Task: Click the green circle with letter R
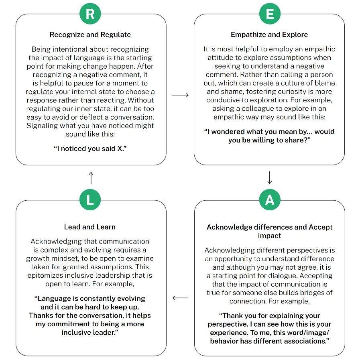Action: [90, 14]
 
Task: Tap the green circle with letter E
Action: [270, 14]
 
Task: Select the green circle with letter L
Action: [90, 200]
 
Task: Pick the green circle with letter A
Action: [270, 200]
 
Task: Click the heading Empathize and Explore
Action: [269, 35]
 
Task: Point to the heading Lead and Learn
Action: [90, 227]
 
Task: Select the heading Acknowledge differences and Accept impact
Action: [269, 231]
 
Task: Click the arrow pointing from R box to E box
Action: [180, 95]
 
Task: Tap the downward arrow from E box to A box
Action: [270, 177]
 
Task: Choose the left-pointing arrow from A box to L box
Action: [180, 298]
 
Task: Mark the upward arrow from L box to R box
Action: [91, 177]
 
